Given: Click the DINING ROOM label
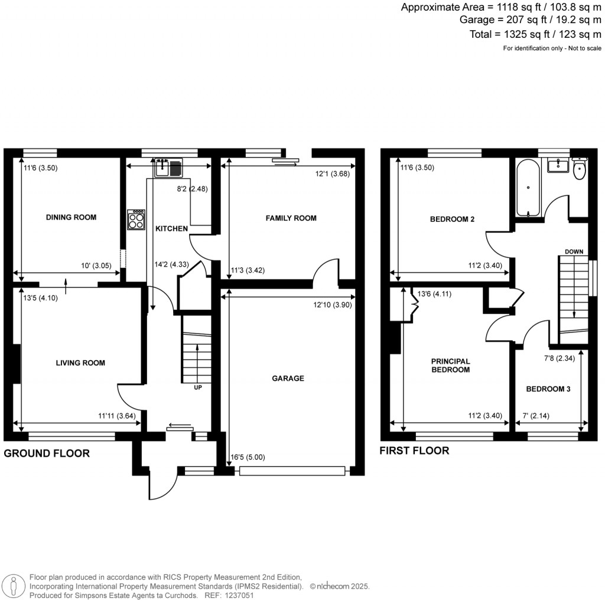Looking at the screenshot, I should (71, 217).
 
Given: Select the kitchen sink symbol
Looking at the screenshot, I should (168, 168).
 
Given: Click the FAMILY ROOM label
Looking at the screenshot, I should (291, 218).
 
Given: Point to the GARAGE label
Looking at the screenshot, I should (288, 378).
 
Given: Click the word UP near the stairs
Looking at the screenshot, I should (199, 388).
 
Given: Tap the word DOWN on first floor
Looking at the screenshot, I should (574, 251).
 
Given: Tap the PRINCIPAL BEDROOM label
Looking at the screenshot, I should (450, 365).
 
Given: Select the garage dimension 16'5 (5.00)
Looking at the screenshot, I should (243, 456).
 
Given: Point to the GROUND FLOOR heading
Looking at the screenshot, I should (47, 453).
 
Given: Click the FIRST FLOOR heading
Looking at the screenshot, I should (415, 450).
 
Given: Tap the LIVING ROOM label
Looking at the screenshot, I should (80, 362).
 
